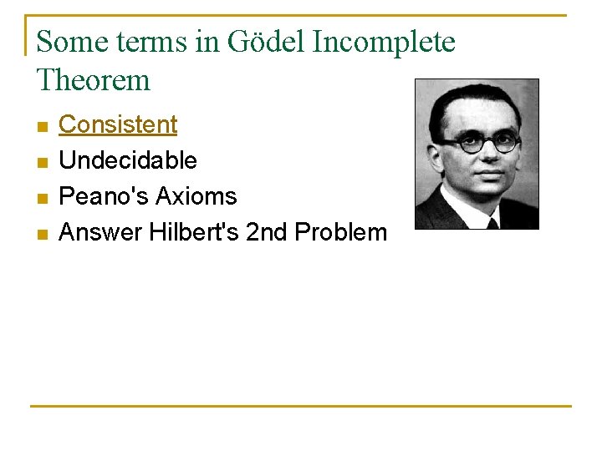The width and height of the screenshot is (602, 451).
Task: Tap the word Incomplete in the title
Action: pos(384,42)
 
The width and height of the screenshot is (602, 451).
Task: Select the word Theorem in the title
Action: pos(94,80)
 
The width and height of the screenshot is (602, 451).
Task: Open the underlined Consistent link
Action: pos(118,124)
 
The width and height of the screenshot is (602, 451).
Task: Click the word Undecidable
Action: pos(128,160)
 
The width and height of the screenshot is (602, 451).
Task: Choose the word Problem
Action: pos(340,232)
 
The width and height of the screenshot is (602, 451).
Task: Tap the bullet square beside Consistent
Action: pos(42,126)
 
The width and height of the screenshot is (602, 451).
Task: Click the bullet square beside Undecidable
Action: pos(42,162)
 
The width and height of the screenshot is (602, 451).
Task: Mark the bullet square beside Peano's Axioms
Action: pos(42,198)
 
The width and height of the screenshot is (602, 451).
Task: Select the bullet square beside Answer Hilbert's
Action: pos(42,234)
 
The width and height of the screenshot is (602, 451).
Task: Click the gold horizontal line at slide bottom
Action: pos(301,407)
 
